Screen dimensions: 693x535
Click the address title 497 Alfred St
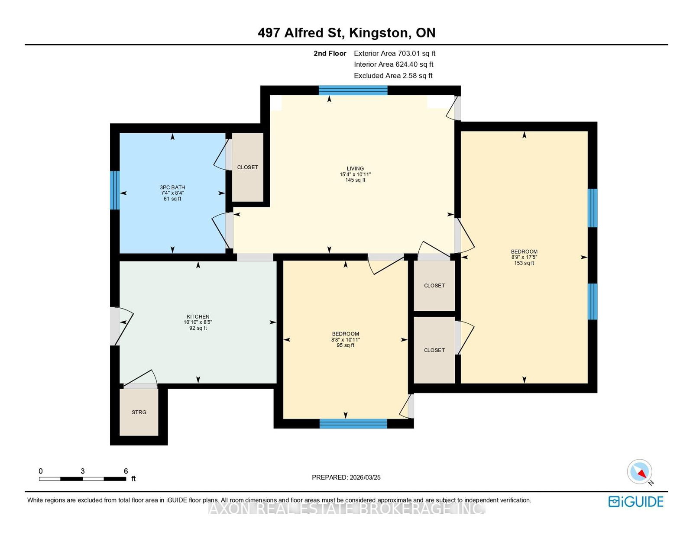(x=301, y=33)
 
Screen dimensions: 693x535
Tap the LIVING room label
(x=355, y=168)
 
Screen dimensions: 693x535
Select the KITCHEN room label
(x=198, y=316)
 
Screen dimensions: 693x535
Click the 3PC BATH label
(x=172, y=187)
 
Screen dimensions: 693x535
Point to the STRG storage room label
(x=139, y=412)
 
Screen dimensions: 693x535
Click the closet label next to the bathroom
(x=247, y=167)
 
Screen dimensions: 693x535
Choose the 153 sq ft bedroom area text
(x=524, y=263)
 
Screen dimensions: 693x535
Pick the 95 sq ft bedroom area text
(x=345, y=345)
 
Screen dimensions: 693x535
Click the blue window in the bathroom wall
(x=115, y=190)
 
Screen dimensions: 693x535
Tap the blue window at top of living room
(x=353, y=90)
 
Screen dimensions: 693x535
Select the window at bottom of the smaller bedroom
(x=353, y=423)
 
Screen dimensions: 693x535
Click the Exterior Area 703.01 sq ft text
(x=395, y=53)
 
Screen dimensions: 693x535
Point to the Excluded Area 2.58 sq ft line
(x=393, y=75)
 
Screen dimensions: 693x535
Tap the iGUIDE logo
(x=636, y=502)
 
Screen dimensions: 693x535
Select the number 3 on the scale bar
(x=83, y=471)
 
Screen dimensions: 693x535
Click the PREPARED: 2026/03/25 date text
(x=346, y=477)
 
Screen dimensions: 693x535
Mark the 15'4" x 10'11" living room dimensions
(x=355, y=174)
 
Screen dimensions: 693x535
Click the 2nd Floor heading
(x=330, y=53)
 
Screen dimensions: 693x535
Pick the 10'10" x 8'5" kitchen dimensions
(x=198, y=322)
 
